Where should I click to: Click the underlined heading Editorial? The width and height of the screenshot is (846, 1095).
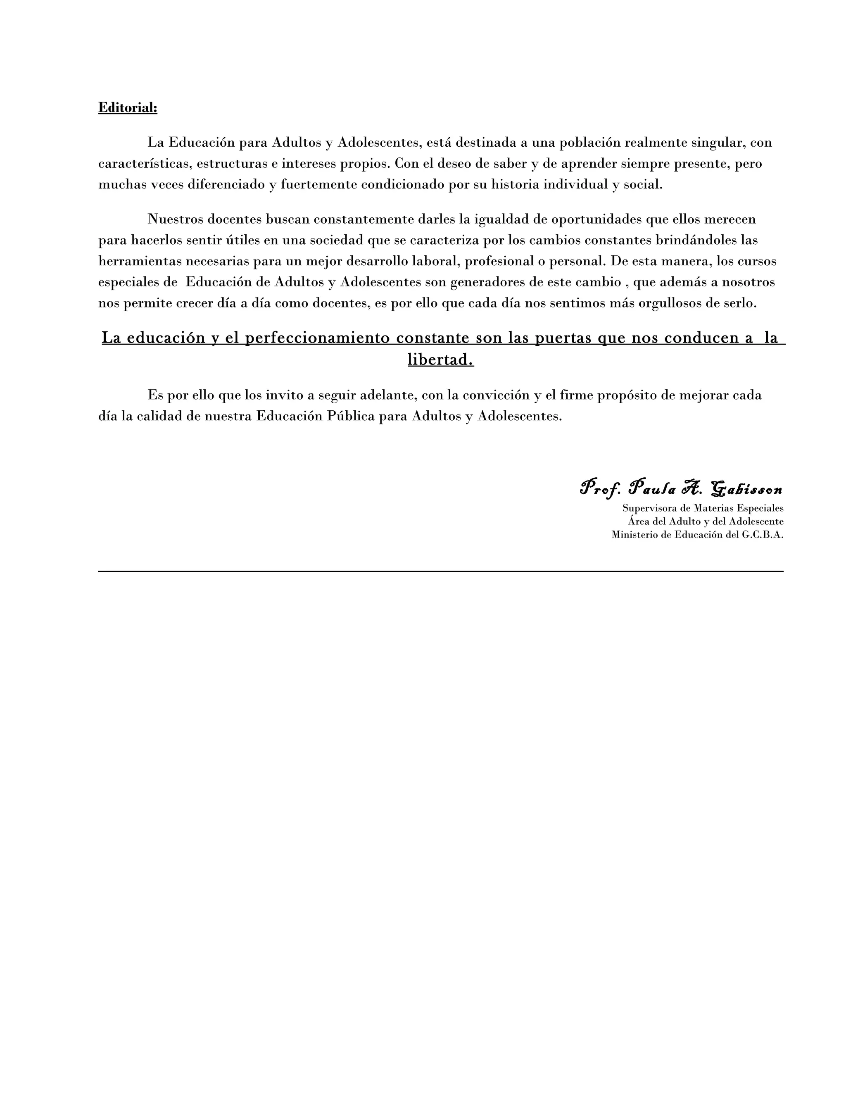click(x=127, y=108)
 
